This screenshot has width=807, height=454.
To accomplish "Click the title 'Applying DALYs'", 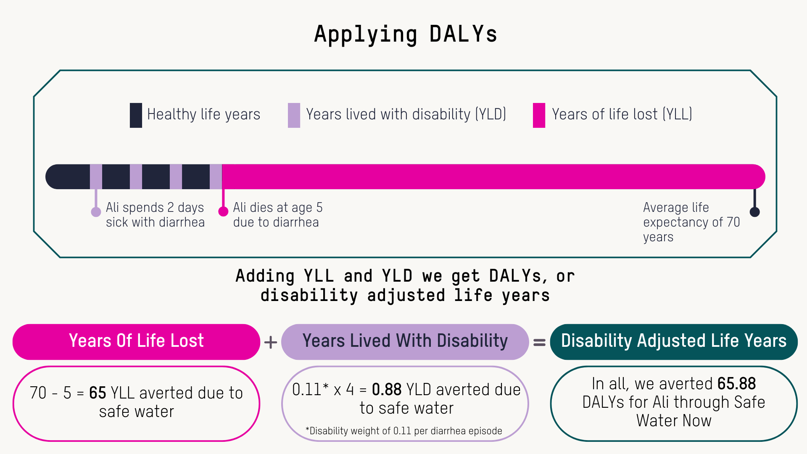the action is (x=406, y=34).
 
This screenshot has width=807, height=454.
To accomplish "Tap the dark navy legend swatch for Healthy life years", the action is (x=136, y=115).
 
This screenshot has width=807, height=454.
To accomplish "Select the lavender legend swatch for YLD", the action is (x=294, y=115).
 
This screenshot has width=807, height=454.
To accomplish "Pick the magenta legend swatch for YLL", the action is (x=539, y=115).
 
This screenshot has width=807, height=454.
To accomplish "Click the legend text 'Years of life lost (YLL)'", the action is (x=622, y=114).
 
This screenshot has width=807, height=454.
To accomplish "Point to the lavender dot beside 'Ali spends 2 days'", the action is (x=96, y=212).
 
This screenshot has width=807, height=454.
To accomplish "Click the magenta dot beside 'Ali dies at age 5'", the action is (x=223, y=211).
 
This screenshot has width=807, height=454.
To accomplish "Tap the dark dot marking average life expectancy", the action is (x=755, y=212).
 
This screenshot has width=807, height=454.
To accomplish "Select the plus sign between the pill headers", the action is (x=271, y=342).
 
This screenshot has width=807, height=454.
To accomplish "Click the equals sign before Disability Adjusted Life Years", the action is (x=540, y=343).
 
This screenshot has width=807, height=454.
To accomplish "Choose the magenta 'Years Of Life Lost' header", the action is (x=137, y=342).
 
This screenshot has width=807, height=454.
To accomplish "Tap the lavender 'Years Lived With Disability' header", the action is (x=405, y=342).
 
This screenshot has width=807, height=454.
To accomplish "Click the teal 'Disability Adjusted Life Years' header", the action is (x=674, y=342).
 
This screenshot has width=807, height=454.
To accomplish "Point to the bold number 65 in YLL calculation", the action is (x=98, y=393).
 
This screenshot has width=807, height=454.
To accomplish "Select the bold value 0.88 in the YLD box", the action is (x=387, y=390).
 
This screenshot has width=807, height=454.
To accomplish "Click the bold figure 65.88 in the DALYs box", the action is (x=737, y=384).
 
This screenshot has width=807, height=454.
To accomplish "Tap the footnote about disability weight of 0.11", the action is (x=404, y=431).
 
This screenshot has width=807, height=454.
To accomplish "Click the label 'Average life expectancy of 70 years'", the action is (x=691, y=222).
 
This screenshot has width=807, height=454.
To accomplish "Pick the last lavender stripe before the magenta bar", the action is (x=216, y=177).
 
